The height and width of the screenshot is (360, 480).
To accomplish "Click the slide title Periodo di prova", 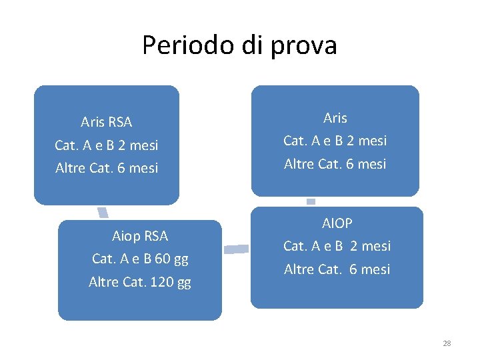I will point(239,45).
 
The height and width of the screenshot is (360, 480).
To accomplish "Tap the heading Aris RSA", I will point(107,122).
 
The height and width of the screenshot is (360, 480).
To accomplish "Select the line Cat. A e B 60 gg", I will point(140,259).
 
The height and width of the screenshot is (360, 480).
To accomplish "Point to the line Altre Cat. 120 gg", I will point(140,282).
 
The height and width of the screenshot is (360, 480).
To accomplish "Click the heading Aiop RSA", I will point(140,236).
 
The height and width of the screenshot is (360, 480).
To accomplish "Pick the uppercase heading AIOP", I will point(337,223).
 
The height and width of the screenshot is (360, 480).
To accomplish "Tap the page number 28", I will point(447,343).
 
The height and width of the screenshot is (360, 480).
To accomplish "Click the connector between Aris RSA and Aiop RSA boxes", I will point(103,212).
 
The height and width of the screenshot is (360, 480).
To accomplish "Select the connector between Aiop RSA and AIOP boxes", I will point(236,249).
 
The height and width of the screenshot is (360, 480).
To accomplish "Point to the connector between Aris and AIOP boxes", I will point(311,201).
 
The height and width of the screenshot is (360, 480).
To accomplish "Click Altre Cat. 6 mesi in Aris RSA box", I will point(107,168).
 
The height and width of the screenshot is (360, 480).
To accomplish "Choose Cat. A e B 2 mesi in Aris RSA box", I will point(107,145).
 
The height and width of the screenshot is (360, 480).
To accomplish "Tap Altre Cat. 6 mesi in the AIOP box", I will point(337,269).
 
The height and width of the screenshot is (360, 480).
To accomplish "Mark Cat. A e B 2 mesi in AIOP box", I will point(337,246).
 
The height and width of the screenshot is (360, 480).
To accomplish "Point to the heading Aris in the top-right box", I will point(335,118).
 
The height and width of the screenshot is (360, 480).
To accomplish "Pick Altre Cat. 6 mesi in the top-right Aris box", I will point(335,164).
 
